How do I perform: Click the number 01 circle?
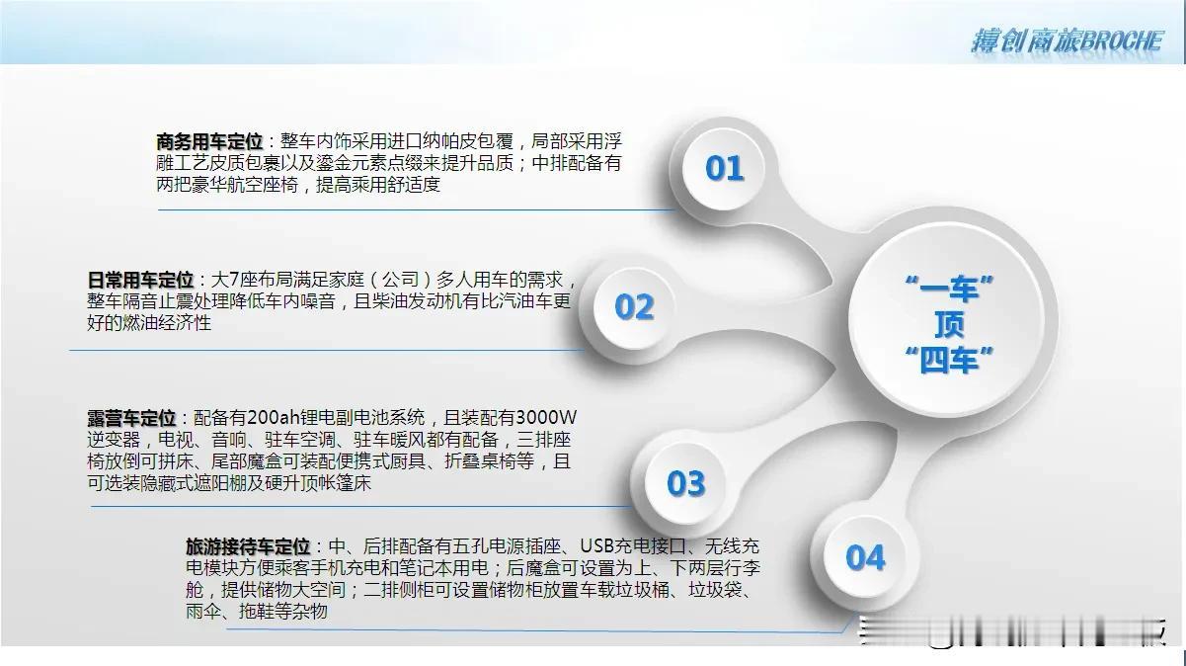tap(724, 169)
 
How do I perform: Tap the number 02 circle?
tap(634, 308)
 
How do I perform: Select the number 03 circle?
tap(685, 483)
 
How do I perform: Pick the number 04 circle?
tap(865, 557)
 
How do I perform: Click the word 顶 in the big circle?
tap(948, 324)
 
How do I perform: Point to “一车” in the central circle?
tap(948, 289)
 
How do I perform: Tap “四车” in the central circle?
tap(948, 361)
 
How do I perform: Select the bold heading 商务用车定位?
tap(209, 141)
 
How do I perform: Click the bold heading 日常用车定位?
tap(140, 280)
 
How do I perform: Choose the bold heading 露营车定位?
tap(131, 418)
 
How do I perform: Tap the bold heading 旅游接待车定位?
tap(248, 546)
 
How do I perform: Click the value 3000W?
tap(546, 418)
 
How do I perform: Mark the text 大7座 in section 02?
tap(234, 280)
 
